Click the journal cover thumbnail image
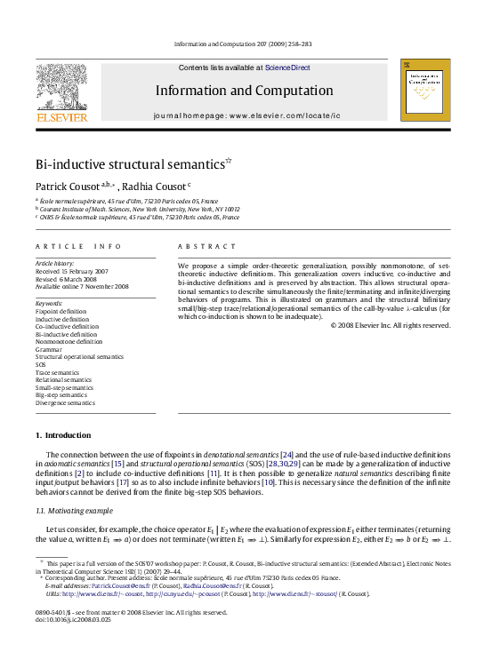point(423,91)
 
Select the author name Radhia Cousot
point(157,187)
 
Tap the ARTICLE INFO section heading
point(65,246)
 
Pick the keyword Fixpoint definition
point(60,312)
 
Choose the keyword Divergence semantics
point(64,402)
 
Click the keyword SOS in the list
point(41,364)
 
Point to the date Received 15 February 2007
point(71,271)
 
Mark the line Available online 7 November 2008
point(82,286)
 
